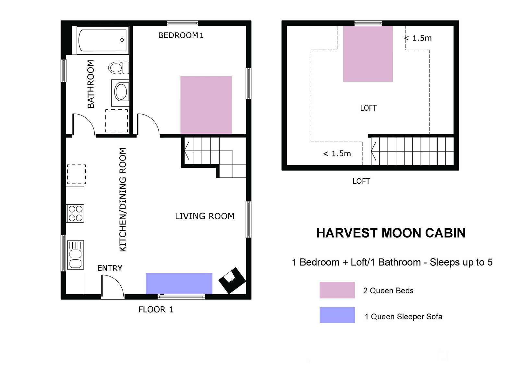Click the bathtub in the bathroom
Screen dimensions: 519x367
coord(103,40)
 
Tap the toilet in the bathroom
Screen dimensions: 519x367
coord(119,67)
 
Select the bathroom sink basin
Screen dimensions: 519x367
coord(120,92)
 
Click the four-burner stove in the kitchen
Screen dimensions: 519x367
coord(75,213)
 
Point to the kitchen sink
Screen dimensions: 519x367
coord(75,255)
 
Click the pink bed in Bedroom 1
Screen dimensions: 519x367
coord(206,105)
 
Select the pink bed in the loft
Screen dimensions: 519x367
coord(368,54)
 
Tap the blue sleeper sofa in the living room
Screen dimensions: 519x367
coord(179,284)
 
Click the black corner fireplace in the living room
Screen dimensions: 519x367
coord(232,280)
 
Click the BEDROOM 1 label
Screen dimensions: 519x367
coord(181,35)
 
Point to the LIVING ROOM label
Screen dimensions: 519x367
coord(205,216)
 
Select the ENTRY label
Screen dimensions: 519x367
coord(110,268)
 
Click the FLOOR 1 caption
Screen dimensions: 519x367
coord(156,310)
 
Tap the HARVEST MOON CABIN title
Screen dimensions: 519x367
coord(391,233)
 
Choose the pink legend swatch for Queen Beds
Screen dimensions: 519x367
coord(337,290)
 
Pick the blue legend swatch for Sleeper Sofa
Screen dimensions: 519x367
coord(337,315)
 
